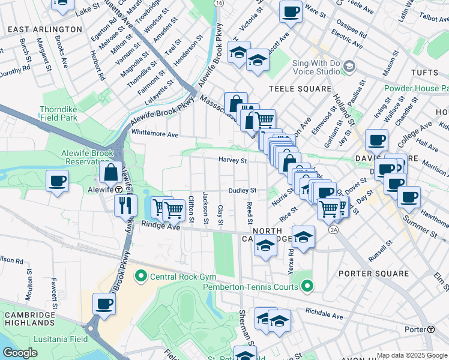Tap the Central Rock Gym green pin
pyautogui.click(x=141, y=277)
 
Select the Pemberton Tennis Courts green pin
pyautogui.click(x=307, y=287)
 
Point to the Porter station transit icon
pyautogui.click(x=430, y=329)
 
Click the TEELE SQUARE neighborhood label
pyautogui.click(x=300, y=89)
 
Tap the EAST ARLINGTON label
pyautogui.click(x=46, y=29)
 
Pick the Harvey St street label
pyautogui.click(x=232, y=161)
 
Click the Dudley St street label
pyautogui.click(x=242, y=190)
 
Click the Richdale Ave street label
pyautogui.click(x=324, y=313)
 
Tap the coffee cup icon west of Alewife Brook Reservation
pyautogui.click(x=57, y=180)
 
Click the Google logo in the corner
pyautogui.click(x=20, y=352)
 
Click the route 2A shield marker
pyautogui.click(x=334, y=230)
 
